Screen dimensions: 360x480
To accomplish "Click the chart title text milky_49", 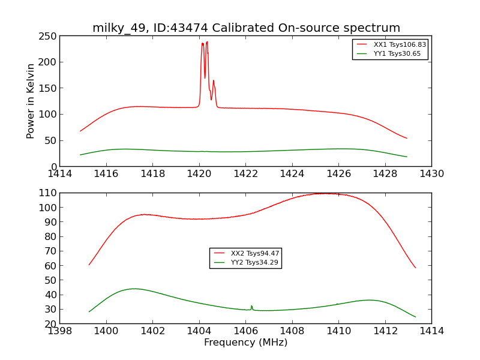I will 246,28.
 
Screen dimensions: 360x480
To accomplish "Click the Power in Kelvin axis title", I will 31,101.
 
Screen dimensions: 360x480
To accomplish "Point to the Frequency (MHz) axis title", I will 245,343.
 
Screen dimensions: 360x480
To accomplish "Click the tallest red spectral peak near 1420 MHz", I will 207,42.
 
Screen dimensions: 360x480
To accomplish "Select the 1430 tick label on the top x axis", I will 431,173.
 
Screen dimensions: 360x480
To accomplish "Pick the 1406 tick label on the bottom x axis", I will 245,331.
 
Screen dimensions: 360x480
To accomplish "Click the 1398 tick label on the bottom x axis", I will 60,331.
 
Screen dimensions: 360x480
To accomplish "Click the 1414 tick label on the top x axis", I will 60,173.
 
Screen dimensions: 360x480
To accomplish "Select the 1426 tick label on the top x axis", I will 338,173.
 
